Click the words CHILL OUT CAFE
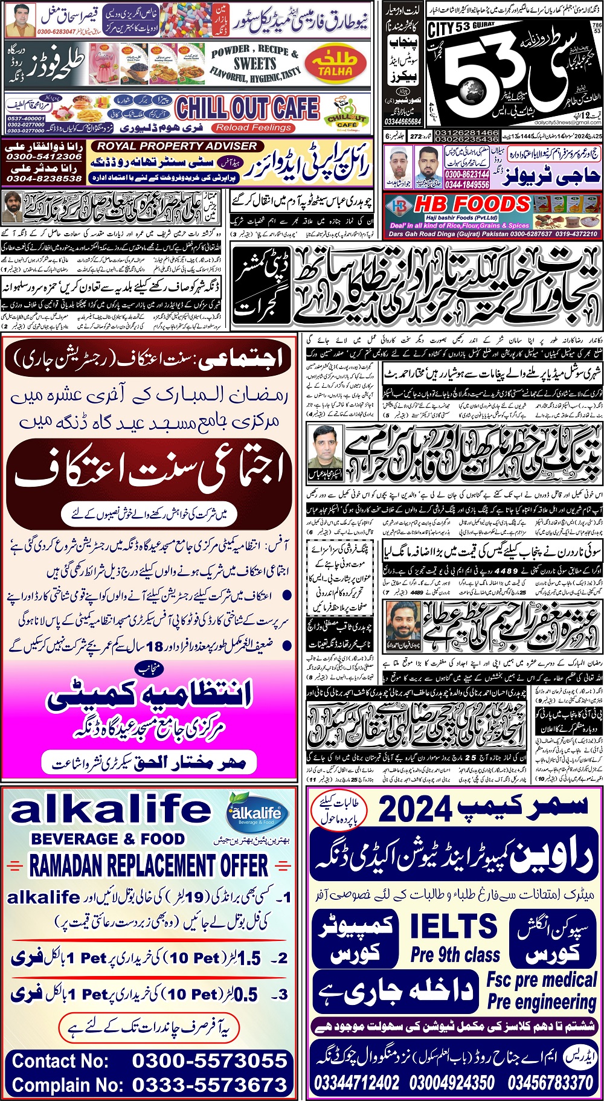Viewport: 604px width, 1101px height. pyautogui.click(x=247, y=108)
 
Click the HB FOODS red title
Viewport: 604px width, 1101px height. pyautogui.click(x=472, y=204)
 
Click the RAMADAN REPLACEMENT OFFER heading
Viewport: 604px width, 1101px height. pyautogui.click(x=149, y=866)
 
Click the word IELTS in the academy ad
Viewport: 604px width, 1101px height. pyautogui.click(x=453, y=926)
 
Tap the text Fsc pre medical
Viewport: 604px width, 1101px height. pyautogui.click(x=542, y=980)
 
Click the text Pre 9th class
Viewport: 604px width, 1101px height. pyautogui.click(x=455, y=955)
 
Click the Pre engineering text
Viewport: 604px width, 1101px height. pyautogui.click(x=541, y=1002)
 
